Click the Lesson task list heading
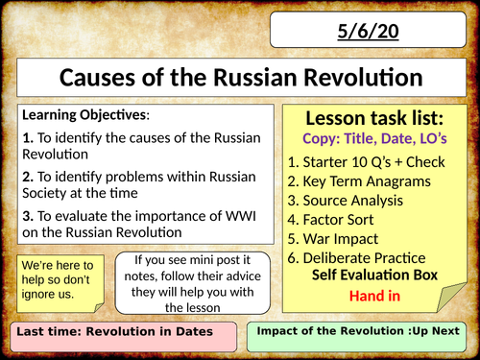coord(377,118)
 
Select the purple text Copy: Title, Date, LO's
coord(377,139)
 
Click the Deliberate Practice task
coord(366,259)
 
